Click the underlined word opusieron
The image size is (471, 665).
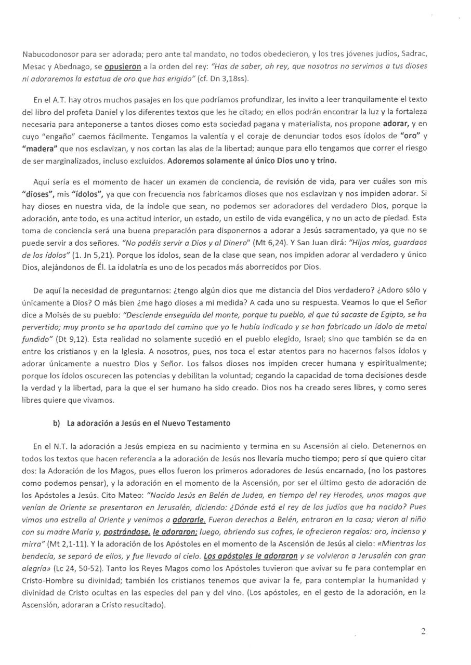point(123,67)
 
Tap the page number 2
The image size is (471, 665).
point(423,631)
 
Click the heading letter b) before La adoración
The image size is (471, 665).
point(57,423)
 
